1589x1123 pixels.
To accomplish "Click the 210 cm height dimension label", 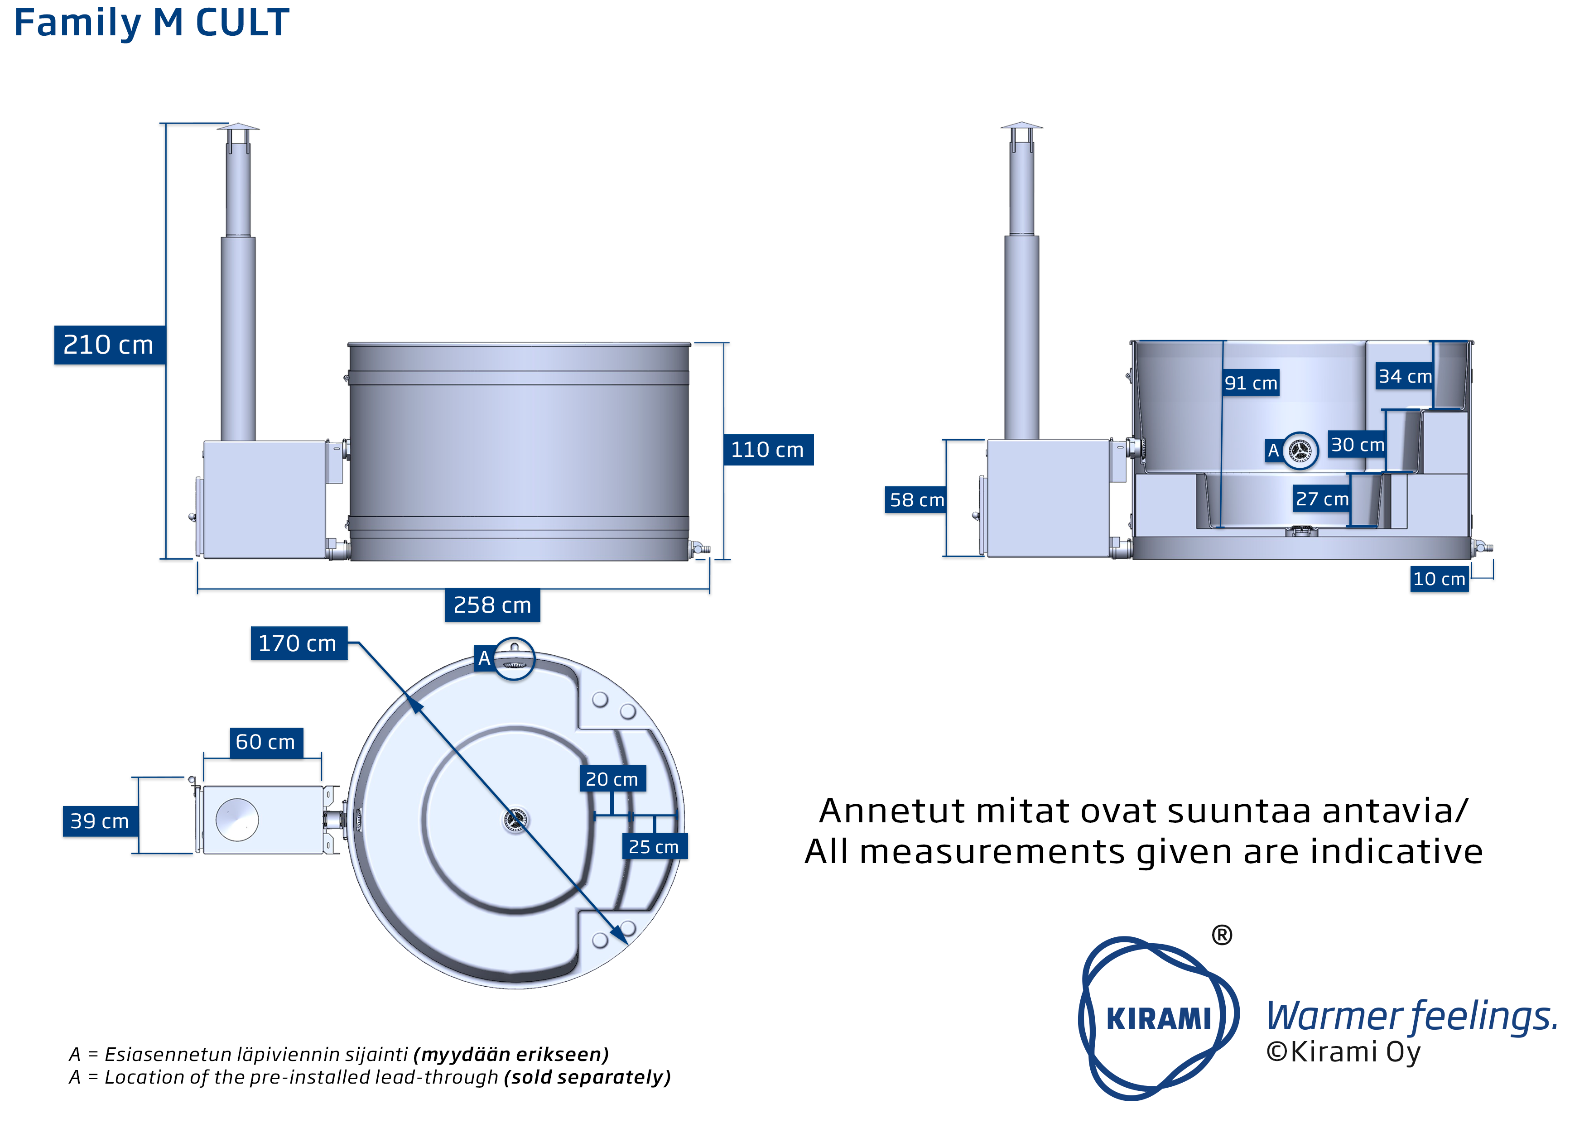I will pyautogui.click(x=109, y=345).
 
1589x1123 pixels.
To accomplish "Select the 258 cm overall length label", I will pyautogui.click(x=492, y=605).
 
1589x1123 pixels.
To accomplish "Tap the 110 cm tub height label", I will pyautogui.click(x=767, y=450).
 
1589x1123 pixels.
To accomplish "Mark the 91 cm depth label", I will pyautogui.click(x=1251, y=383).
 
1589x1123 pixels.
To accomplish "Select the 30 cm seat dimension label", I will pyautogui.click(x=1357, y=445).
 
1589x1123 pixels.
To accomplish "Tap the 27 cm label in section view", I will pyautogui.click(x=1322, y=499).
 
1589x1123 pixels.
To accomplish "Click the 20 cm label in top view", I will pyautogui.click(x=612, y=779).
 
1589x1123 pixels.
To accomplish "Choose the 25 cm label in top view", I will pyautogui.click(x=653, y=846).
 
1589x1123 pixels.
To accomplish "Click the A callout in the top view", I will pyautogui.click(x=485, y=658).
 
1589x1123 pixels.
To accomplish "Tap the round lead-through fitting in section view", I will pyautogui.click(x=1300, y=451).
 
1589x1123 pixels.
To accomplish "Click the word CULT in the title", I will pyautogui.click(x=242, y=22).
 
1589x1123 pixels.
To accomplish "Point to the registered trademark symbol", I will pyautogui.click(x=1222, y=936).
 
